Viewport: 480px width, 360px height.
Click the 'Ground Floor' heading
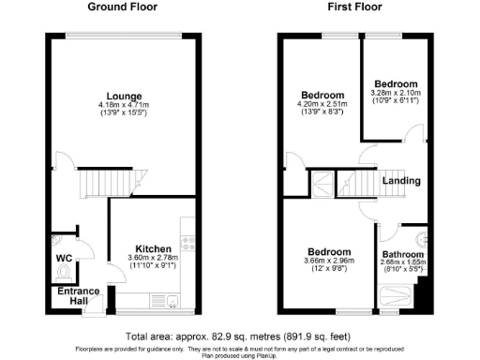(122, 7)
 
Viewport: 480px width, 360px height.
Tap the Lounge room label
(123, 95)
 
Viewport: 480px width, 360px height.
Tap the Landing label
(406, 181)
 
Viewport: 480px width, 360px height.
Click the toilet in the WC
(63, 272)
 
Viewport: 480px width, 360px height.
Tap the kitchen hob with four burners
(187, 242)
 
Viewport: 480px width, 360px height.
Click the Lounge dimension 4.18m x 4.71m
(123, 104)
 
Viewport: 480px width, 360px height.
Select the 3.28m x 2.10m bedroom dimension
(395, 93)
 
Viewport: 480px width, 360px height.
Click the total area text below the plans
(240, 335)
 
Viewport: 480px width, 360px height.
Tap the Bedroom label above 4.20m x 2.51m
(322, 96)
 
